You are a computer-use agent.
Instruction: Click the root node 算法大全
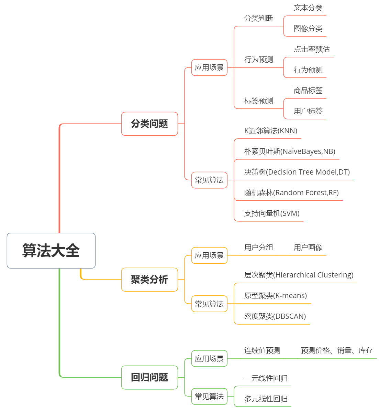click(51, 251)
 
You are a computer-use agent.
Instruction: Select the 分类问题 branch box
click(149, 124)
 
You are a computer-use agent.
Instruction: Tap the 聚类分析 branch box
click(149, 280)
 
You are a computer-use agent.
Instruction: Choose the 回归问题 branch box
click(149, 377)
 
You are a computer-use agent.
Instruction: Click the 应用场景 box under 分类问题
click(209, 67)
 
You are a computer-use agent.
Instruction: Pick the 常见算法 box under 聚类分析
click(209, 304)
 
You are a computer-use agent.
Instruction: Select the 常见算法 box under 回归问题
click(209, 396)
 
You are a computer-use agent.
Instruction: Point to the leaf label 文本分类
click(308, 8)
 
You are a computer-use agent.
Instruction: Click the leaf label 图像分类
click(308, 29)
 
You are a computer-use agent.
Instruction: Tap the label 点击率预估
click(312, 49)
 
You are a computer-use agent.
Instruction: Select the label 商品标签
click(308, 91)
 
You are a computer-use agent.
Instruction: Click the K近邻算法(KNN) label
click(271, 131)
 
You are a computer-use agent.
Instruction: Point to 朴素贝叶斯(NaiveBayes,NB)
click(290, 151)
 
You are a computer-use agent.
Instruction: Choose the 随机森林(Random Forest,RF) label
click(291, 193)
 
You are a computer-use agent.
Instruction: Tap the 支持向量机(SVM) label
click(272, 213)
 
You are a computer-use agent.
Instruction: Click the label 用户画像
click(308, 248)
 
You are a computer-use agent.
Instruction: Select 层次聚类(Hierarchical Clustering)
click(299, 275)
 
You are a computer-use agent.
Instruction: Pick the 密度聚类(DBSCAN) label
click(275, 316)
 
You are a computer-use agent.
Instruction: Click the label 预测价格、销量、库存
click(337, 350)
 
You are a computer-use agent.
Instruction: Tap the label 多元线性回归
click(266, 399)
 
